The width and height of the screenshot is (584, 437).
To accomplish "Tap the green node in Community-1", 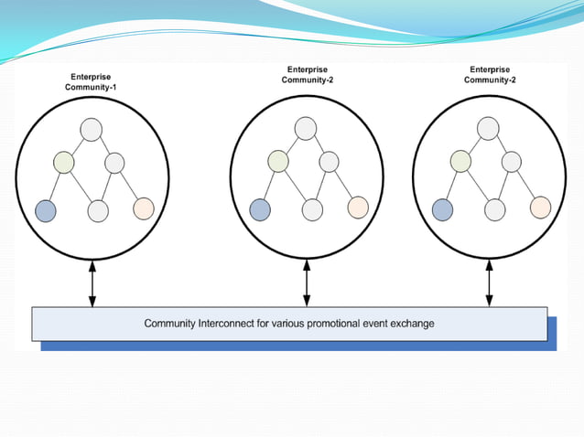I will (x=63, y=163).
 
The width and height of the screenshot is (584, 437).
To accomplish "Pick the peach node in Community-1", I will (x=143, y=208).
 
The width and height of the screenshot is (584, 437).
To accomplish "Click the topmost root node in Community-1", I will (x=90, y=129).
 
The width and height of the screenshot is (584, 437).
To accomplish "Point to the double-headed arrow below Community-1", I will (x=92, y=283).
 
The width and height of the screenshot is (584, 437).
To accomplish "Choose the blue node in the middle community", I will (x=260, y=209).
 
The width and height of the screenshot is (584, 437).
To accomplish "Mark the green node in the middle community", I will (x=278, y=163).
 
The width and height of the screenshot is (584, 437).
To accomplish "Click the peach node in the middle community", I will (x=357, y=208).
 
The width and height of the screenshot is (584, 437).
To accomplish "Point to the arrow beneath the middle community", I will (x=307, y=283).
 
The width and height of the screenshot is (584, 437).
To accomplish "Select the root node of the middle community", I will (x=305, y=129).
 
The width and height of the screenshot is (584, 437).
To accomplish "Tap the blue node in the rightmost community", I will (x=443, y=209).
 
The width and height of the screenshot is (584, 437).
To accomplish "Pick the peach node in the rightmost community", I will (x=540, y=208).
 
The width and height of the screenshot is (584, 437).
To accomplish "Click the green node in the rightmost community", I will (x=461, y=163).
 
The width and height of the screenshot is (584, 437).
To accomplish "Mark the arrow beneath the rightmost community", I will (x=489, y=283).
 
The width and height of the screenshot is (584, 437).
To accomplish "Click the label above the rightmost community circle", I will (x=490, y=74).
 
